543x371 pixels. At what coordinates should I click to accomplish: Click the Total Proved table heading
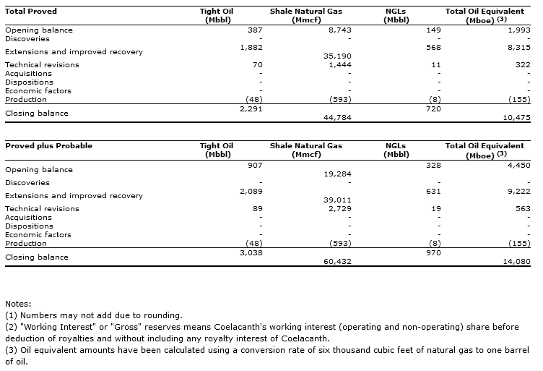pos(31,12)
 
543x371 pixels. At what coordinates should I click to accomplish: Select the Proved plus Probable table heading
pos(48,146)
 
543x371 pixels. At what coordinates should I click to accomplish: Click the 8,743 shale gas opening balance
pos(338,30)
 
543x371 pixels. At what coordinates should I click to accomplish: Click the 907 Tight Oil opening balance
pos(255,166)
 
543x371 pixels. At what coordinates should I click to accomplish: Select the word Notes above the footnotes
pos(18,304)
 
